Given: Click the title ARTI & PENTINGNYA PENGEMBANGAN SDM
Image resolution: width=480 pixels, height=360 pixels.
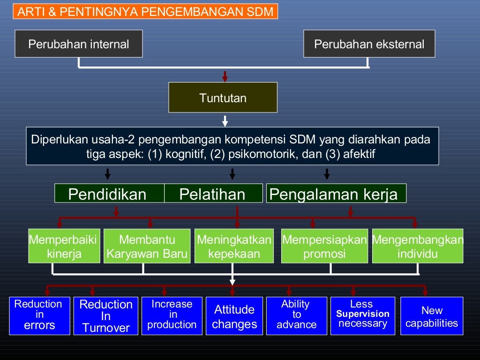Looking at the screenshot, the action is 145,12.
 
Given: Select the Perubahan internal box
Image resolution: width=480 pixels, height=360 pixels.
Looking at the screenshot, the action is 79,44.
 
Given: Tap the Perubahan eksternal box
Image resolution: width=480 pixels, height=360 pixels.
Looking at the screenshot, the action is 369,44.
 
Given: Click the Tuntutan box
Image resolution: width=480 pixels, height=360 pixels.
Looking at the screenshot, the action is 223,97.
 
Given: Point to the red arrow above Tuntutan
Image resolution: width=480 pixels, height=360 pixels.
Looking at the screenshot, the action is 225,76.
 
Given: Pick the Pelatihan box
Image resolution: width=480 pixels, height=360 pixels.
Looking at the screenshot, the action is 213,194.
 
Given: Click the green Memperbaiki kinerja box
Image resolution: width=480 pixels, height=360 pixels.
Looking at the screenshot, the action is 64,247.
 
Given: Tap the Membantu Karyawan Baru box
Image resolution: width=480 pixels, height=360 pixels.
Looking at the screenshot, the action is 147,247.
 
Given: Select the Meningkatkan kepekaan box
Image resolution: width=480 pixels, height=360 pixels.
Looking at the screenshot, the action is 234,247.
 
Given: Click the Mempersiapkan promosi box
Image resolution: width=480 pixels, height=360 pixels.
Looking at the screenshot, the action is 324,247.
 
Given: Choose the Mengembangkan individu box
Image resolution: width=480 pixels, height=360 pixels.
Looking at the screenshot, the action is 418,247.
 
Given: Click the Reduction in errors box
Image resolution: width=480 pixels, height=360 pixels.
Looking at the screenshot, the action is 39,315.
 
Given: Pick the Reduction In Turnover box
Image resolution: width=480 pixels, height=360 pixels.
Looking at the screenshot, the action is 106,316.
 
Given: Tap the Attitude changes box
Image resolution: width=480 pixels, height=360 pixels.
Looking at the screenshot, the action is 234,316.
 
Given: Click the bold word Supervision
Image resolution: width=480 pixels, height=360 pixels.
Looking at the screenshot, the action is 363,314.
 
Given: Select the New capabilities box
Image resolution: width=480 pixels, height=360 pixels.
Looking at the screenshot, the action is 432,316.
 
